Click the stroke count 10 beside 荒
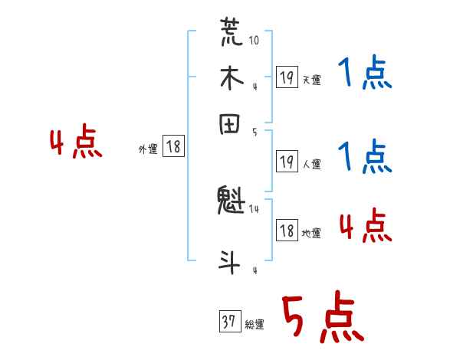[254, 39]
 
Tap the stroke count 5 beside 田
[254, 133]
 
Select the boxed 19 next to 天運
[287, 77]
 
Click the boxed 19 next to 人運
[287, 162]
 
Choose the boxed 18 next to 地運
[287, 231]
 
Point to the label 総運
[255, 325]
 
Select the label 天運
[311, 80]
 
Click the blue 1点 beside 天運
[364, 74]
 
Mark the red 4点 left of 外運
[75, 144]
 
